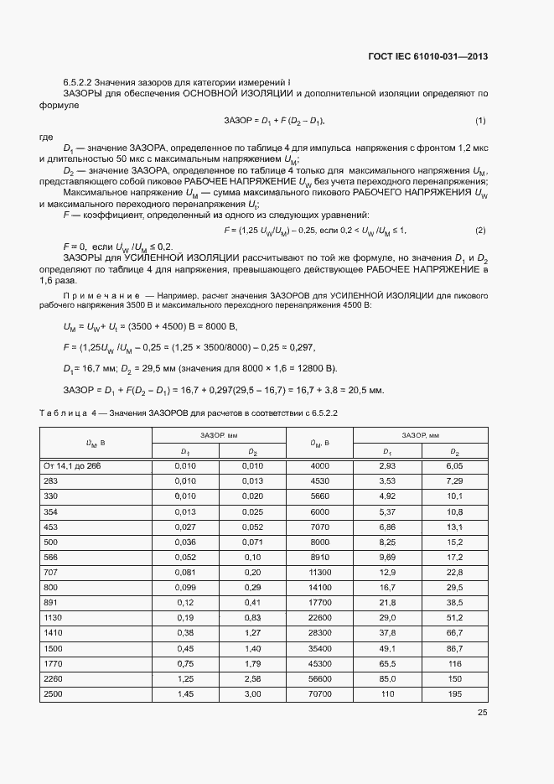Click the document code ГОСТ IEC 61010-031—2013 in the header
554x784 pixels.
(427, 57)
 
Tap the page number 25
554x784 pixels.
(482, 713)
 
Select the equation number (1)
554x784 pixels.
(480, 122)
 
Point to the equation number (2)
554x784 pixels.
(480, 230)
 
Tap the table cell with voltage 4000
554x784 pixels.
(319, 465)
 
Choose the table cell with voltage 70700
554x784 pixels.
(319, 694)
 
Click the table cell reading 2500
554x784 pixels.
(52, 694)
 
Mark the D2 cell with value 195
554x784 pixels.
(454, 694)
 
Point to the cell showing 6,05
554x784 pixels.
(454, 465)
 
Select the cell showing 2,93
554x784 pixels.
(386, 465)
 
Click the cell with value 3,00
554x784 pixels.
(252, 694)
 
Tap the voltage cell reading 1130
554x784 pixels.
(52, 618)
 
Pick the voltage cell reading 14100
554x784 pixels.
(319, 588)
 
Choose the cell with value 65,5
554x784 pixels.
(386, 664)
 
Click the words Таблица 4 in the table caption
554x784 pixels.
(68, 413)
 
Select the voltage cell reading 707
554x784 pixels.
(49, 573)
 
